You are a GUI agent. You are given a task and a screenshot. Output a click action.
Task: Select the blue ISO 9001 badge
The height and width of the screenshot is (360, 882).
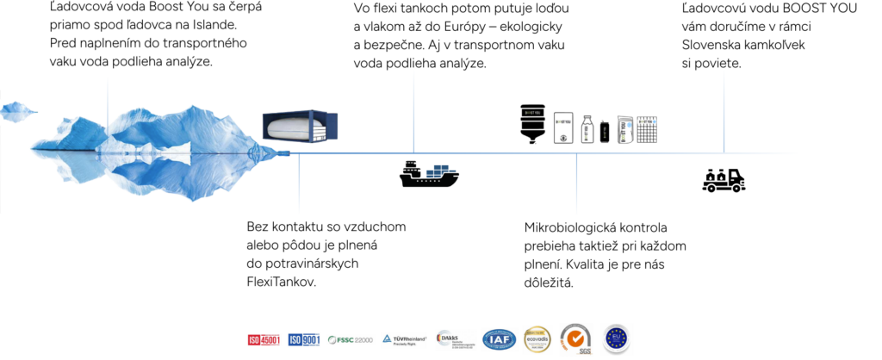304,340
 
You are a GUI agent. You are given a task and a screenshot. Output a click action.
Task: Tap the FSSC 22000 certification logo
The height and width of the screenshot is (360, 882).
351,340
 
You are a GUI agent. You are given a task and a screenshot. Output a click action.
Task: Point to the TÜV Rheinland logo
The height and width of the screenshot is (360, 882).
404,340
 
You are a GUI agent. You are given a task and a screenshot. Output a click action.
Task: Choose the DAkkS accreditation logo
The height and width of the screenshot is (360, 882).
456,340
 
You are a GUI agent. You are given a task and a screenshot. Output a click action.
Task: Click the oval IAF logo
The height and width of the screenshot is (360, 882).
500,340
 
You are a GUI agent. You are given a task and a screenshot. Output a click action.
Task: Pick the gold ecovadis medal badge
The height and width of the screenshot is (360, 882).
537,339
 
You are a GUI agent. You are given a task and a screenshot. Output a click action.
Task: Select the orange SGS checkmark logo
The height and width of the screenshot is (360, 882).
576,339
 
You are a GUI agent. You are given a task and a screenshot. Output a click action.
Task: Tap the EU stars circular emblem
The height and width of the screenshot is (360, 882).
616,338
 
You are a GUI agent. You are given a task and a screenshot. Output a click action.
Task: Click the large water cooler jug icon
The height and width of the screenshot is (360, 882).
533,124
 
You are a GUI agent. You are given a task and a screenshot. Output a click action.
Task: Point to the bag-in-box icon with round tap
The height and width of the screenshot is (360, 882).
562,127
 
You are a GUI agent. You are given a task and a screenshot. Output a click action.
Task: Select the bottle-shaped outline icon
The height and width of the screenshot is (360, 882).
587,129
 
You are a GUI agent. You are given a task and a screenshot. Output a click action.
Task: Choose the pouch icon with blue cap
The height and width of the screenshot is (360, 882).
625,129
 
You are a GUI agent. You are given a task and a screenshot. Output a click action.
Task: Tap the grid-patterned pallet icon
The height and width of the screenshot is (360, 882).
647,130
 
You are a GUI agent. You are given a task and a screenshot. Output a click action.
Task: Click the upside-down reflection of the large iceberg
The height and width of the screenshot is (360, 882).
146,177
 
